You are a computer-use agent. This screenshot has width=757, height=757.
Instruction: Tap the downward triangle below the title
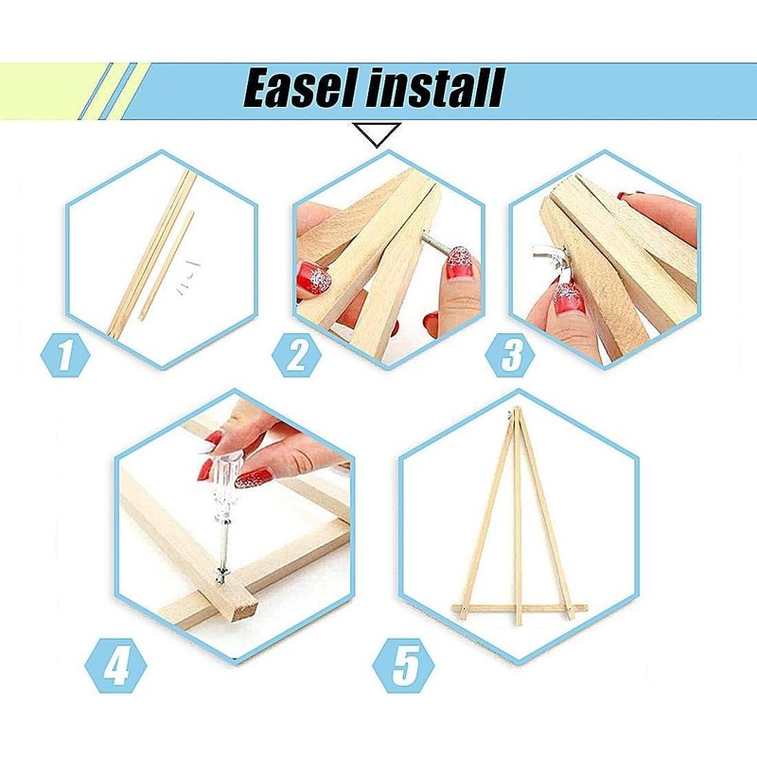377,133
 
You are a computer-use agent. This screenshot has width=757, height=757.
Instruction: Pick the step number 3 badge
510,355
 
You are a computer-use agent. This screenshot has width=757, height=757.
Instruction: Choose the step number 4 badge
115,666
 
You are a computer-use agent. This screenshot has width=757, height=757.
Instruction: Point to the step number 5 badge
404,666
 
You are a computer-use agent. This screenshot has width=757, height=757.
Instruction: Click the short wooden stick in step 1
167,266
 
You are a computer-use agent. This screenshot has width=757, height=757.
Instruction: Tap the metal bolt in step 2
434,242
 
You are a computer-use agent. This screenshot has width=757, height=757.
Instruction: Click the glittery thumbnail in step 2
460,264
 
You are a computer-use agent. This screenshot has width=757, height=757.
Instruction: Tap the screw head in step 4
222,573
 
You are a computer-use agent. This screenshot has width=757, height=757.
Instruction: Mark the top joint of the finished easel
516,413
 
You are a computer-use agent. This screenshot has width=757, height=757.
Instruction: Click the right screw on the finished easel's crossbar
572,609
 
